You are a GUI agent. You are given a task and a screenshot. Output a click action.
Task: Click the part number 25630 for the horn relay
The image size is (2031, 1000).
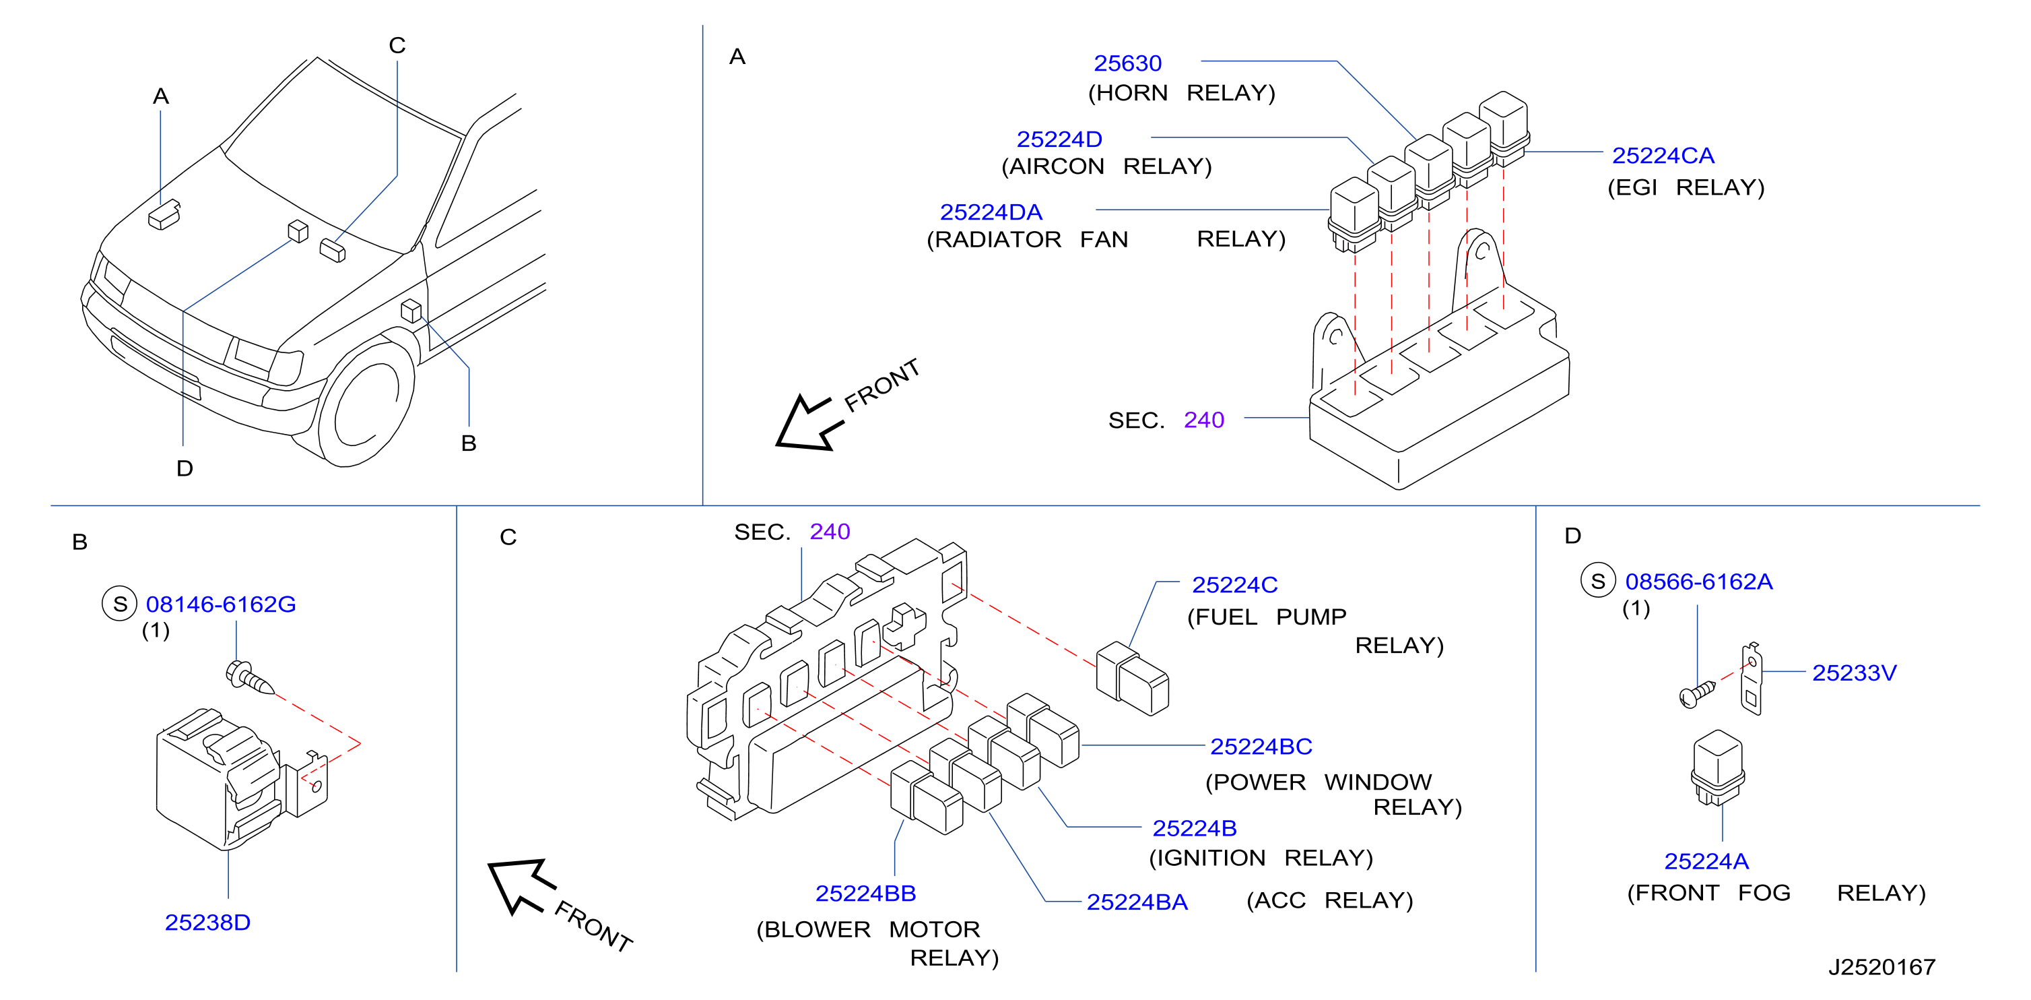point(1127,63)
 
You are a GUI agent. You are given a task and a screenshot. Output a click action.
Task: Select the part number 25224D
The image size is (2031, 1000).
point(1059,139)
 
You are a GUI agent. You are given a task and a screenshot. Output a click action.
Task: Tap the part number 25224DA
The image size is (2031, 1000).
point(991,212)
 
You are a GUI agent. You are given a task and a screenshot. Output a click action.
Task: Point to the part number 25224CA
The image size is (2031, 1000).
point(1662,156)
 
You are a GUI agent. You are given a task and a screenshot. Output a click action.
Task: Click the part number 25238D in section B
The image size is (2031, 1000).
point(207,922)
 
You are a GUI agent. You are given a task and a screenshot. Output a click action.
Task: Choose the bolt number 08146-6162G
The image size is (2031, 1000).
point(221,604)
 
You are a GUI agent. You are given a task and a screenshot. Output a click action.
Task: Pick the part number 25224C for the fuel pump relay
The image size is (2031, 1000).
point(1234,584)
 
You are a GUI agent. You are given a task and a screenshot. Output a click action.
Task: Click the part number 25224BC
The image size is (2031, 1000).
point(1261,746)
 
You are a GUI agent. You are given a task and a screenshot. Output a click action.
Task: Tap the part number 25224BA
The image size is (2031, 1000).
point(1136,902)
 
